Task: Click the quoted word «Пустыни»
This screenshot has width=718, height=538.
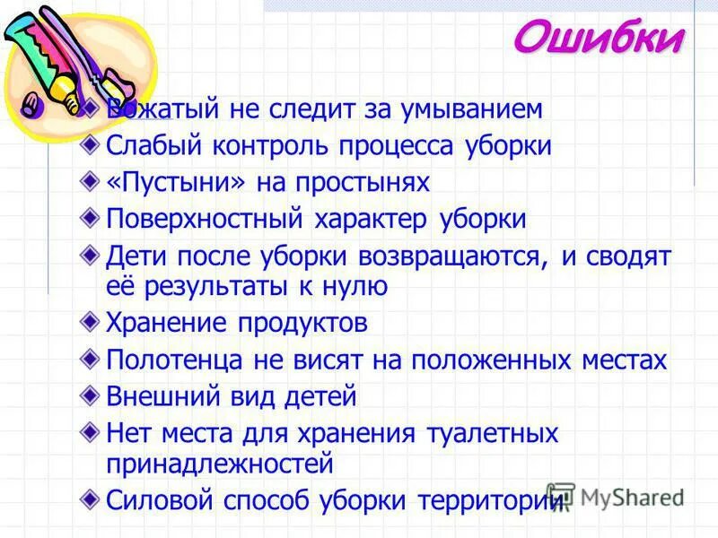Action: (174, 183)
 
